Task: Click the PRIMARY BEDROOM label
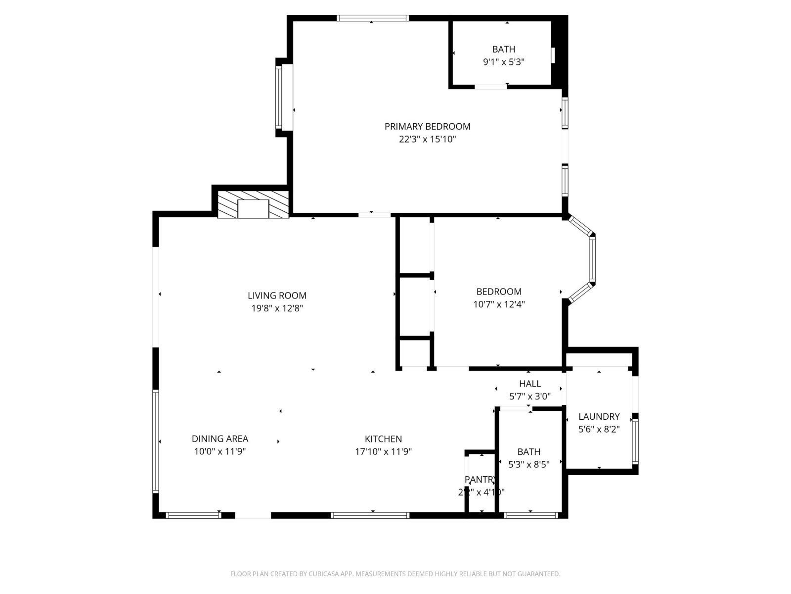coord(427,126)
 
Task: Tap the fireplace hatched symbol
coord(253,205)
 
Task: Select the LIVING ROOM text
coord(277,296)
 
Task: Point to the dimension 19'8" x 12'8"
coord(277,308)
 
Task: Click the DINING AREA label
coord(220,439)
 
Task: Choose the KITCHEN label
coord(383,439)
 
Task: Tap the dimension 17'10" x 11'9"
coord(383,451)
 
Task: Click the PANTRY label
coord(481,479)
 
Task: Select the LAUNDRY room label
coord(599,416)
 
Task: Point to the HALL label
coord(529,384)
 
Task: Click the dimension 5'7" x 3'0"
coord(529,396)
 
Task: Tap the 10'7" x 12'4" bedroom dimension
coord(499,304)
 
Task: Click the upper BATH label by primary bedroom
coord(503,49)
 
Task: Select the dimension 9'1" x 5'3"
coord(503,62)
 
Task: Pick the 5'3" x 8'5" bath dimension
coord(528,464)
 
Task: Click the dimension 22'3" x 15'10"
coord(427,139)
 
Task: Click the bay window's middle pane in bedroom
coord(592,260)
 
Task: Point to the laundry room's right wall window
coord(635,441)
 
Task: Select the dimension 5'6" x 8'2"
coord(599,429)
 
